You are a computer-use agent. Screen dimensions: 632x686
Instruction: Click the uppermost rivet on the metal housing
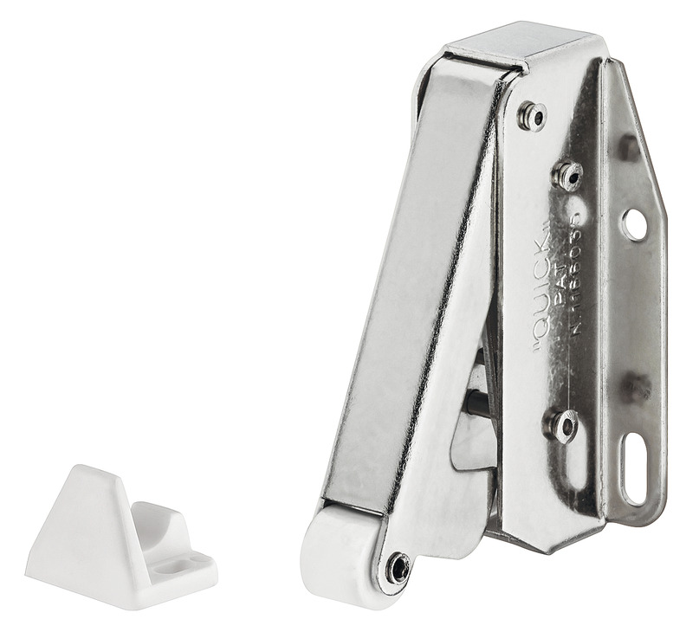pyautogui.click(x=532, y=115)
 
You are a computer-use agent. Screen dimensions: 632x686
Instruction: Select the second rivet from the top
pyautogui.click(x=568, y=176)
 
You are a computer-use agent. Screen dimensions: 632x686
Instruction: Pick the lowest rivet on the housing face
pyautogui.click(x=563, y=424)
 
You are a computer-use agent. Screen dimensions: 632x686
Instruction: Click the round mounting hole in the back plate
pyautogui.click(x=634, y=224)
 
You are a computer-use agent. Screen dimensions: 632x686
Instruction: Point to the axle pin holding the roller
pyautogui.click(x=398, y=567)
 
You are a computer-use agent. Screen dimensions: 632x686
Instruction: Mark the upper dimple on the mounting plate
pyautogui.click(x=630, y=147)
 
